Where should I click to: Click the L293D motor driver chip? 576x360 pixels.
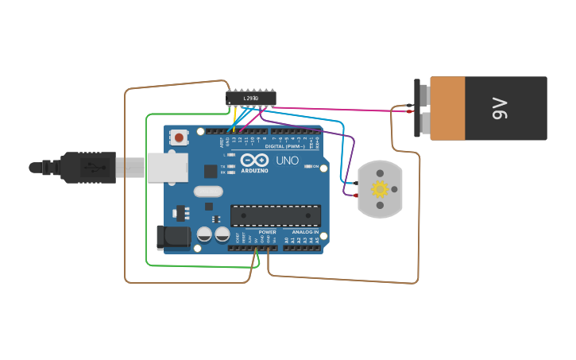[x=250, y=98]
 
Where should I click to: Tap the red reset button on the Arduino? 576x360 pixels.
[x=179, y=137]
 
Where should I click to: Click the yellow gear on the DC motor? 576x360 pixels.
[x=380, y=189]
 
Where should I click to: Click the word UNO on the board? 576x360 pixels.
[x=287, y=161]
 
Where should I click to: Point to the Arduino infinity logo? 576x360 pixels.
[x=254, y=161]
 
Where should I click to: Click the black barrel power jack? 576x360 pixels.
[x=174, y=237]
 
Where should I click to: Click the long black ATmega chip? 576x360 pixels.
[x=276, y=215]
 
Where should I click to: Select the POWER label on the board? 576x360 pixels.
[x=267, y=231]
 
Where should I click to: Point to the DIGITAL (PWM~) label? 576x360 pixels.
[x=284, y=147]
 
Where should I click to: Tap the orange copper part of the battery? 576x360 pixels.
[x=447, y=108]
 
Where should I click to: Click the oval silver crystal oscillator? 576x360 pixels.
[x=208, y=191]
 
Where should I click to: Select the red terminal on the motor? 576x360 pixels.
[x=356, y=195]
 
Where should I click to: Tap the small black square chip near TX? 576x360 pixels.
[x=211, y=171]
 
